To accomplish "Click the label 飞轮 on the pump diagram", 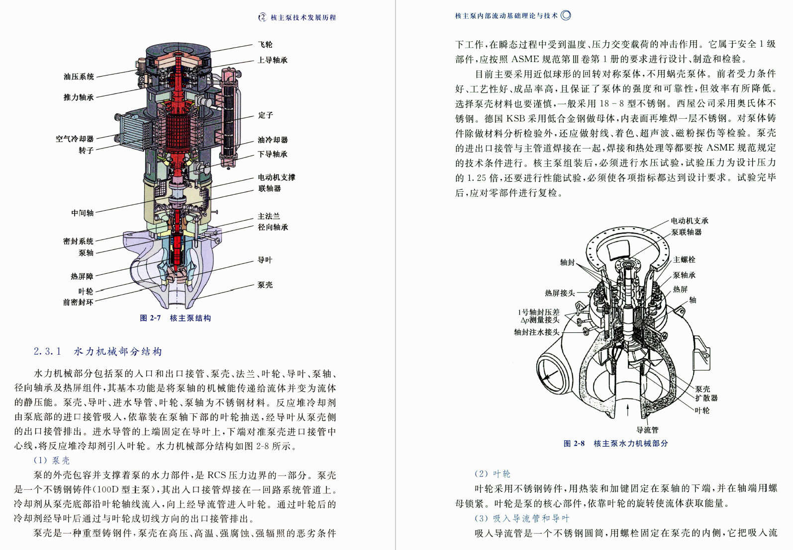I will (x=265, y=45).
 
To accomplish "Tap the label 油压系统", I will (x=79, y=77).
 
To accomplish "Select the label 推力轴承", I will (x=79, y=97).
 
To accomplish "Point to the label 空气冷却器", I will (x=75, y=139).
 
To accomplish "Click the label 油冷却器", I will (x=273, y=140).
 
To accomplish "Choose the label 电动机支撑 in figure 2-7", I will (x=276, y=177).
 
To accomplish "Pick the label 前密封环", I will (x=78, y=302).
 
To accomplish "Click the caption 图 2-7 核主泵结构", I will (x=175, y=318).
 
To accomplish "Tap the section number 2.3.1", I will (x=47, y=352).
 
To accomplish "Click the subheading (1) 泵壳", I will (x=52, y=461).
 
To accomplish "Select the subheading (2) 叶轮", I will (x=493, y=474).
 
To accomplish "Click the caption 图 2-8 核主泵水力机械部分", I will (x=615, y=443).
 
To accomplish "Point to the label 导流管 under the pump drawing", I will (x=647, y=430).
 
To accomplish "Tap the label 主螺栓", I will (x=684, y=260).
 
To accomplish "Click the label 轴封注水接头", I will (x=536, y=332).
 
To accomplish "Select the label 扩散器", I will (x=706, y=398).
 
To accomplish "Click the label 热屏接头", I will (x=560, y=293).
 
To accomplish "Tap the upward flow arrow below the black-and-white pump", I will (x=628, y=410).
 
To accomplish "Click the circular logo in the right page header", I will (x=566, y=15).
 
